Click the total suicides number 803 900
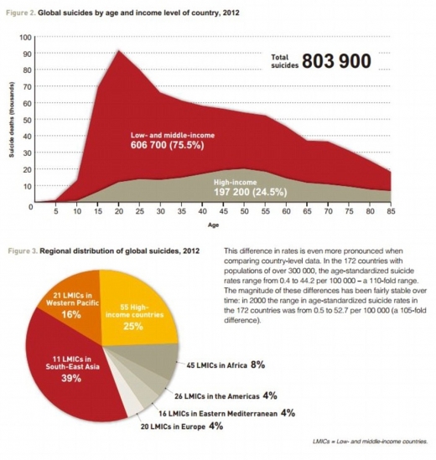(x=336, y=61)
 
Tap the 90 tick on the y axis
(x=25, y=54)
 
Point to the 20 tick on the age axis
(x=118, y=211)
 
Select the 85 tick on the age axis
(x=391, y=211)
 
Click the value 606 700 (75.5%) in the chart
(x=168, y=145)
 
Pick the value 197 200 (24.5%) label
(x=251, y=192)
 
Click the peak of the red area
(x=118, y=50)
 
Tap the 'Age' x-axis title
(x=214, y=225)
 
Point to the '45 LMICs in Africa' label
(x=216, y=365)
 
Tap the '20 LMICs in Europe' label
(x=173, y=426)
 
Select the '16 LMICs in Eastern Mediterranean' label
(x=218, y=414)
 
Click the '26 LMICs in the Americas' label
(x=217, y=396)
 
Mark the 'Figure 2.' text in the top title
(x=20, y=13)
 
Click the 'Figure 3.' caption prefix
(x=22, y=251)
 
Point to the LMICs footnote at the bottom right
(x=370, y=442)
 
